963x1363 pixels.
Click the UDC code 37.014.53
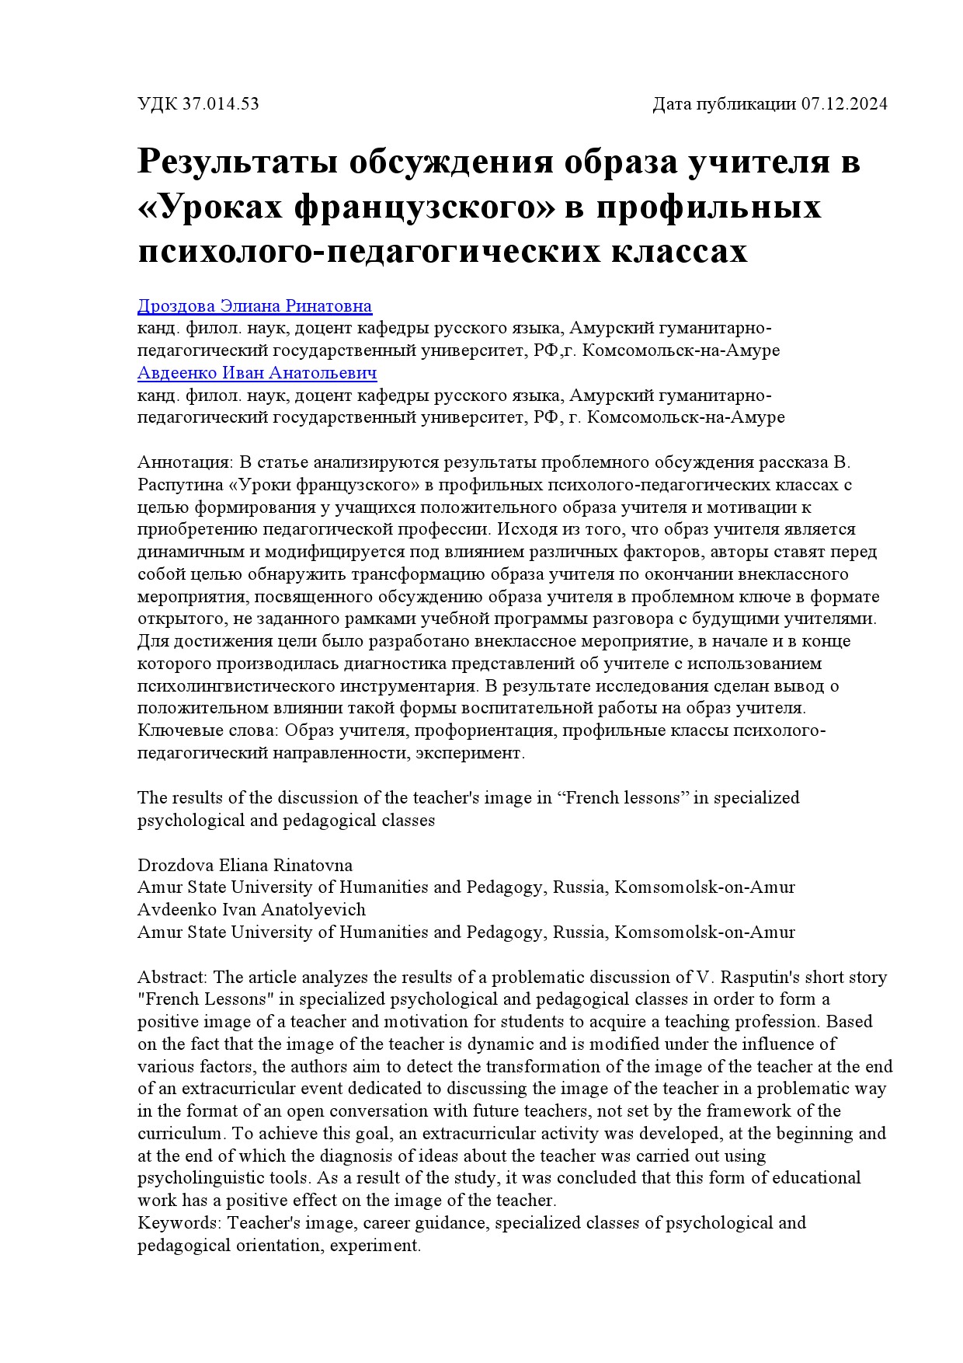[221, 104]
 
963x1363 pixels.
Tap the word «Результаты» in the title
[237, 163]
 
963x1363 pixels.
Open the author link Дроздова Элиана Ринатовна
[254, 306]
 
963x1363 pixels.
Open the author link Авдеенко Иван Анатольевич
[257, 373]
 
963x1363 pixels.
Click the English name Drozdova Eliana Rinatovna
[245, 865]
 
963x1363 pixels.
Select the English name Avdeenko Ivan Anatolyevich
[251, 909]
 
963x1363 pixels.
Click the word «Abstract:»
[172, 977]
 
